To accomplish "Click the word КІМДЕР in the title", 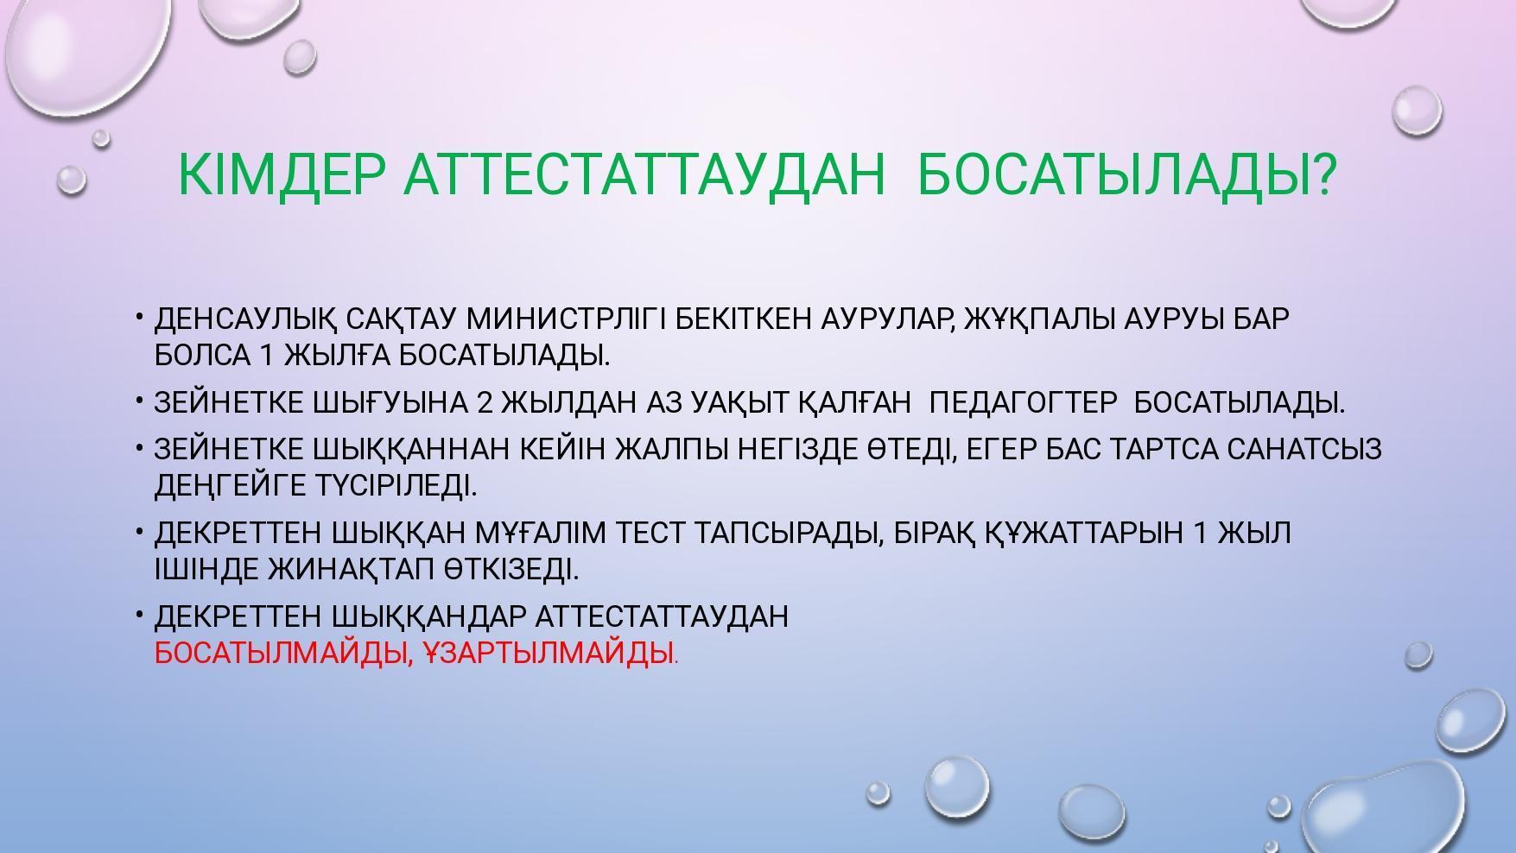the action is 281,175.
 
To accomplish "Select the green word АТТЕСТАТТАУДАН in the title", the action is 644,175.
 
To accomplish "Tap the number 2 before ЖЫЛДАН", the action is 484,402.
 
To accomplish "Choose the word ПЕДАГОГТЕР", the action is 1024,402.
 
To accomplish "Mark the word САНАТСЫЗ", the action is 1304,449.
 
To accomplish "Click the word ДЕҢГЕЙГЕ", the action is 232,486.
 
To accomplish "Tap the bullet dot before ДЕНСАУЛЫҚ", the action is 138,318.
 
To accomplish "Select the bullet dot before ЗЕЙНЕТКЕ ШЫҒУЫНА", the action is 138,401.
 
